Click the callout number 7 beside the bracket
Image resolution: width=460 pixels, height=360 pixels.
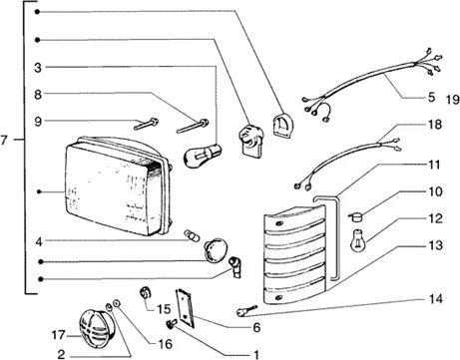tap(4, 141)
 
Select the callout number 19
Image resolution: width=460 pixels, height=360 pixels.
tap(453, 100)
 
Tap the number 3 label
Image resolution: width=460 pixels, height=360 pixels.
tap(38, 68)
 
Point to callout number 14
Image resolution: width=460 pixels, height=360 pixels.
tap(436, 299)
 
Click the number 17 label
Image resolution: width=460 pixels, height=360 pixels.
tap(58, 335)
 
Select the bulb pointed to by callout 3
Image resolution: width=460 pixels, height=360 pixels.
tap(203, 155)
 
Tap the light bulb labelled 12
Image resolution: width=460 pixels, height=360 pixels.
tap(357, 241)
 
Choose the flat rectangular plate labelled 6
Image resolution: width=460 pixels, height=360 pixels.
tap(185, 308)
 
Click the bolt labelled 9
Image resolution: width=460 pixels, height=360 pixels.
tap(146, 124)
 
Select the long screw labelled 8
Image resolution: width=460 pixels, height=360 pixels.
tap(193, 126)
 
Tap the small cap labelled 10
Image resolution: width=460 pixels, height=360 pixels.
tap(356, 217)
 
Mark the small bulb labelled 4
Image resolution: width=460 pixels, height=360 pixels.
tap(193, 235)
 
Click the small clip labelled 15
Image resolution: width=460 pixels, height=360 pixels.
tap(145, 292)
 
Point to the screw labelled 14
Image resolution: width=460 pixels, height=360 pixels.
tap(245, 311)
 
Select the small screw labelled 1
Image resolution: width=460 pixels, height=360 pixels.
tap(171, 324)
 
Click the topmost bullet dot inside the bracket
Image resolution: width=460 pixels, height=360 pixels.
tap(37, 12)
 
